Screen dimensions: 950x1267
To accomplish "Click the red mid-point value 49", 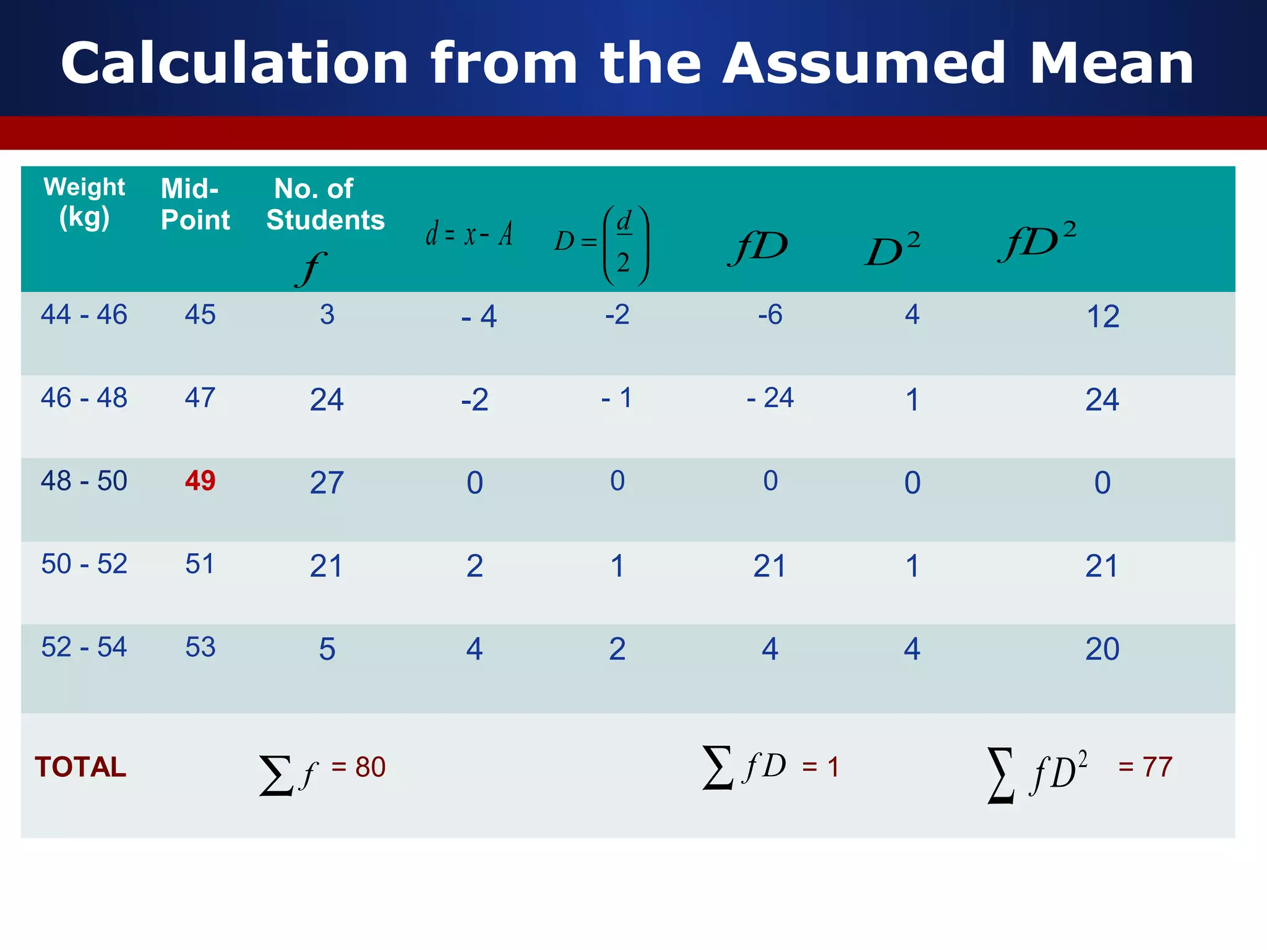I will pos(200,481).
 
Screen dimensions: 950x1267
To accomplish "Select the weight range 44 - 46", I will pos(84,314).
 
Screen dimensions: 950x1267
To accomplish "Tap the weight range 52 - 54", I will pos(84,647).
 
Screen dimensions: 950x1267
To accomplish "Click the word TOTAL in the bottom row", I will pos(80,767).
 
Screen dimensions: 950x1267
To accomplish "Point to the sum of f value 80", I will pos(370,767).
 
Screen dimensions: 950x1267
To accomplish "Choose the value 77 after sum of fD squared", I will pos(1157,767).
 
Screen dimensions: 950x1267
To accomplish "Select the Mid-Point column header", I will pos(194,204).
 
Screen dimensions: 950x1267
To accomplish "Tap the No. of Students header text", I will pos(325,204).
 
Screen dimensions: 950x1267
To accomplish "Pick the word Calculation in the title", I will pos(235,63).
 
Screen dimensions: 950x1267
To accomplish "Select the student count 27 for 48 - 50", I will pos(327,482).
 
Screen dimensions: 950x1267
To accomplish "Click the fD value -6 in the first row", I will pos(770,315).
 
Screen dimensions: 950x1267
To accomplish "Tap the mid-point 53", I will pos(200,647).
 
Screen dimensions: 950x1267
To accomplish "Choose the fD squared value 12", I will pos(1102,317).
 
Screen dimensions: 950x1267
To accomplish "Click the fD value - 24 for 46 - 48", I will pos(770,398).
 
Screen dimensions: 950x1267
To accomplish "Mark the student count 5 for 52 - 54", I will pos(327,649).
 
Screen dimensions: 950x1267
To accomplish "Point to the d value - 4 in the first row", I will pos(479,317).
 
